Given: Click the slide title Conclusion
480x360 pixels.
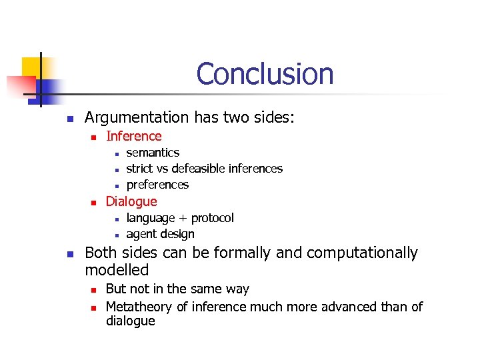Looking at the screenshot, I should (x=265, y=74).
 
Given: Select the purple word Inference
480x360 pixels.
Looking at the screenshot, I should (x=133, y=136).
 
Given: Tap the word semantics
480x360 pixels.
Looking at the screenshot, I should (x=153, y=153).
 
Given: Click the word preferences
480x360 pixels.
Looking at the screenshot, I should (x=157, y=185).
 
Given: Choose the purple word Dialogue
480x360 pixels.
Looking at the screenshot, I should (x=131, y=201).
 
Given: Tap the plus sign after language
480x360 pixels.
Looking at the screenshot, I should (x=175, y=219).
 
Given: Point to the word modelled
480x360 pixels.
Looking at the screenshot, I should (x=117, y=270).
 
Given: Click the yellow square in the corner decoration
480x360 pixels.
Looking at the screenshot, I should (x=31, y=67).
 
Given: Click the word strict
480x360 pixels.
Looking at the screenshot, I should (x=139, y=169).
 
